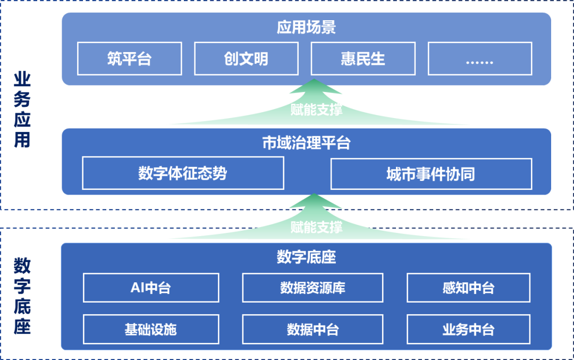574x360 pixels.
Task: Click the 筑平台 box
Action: (x=129, y=58)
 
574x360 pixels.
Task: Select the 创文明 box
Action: (x=246, y=58)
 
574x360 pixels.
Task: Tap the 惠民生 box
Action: (x=363, y=58)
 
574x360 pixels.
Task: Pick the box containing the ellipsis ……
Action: (x=479, y=58)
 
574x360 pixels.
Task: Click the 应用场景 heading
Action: (x=306, y=27)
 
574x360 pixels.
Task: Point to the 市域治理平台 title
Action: (x=306, y=143)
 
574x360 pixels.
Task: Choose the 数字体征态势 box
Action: (x=183, y=173)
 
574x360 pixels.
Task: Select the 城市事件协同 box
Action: (x=431, y=174)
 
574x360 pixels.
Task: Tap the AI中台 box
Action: (x=151, y=288)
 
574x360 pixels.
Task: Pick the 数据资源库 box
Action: (x=313, y=288)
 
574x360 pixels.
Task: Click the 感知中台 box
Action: (x=468, y=288)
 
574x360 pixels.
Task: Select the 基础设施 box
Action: (x=151, y=329)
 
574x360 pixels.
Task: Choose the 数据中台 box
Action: (x=313, y=329)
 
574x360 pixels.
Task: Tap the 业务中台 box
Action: (x=468, y=329)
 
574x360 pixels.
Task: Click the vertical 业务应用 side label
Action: (x=22, y=110)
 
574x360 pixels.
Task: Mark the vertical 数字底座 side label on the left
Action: (x=22, y=296)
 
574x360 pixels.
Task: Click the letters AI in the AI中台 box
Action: (x=137, y=288)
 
